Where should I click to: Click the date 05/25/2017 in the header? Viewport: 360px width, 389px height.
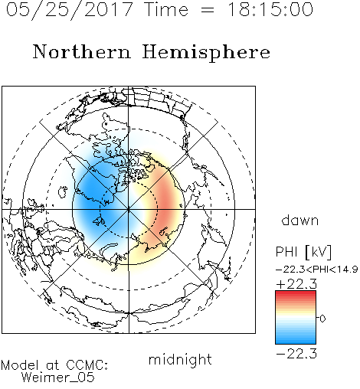coord(70,10)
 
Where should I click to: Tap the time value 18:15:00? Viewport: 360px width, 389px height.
coord(270,9)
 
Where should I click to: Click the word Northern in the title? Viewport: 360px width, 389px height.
coord(82,52)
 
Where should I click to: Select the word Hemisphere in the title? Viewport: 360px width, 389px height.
coord(206,52)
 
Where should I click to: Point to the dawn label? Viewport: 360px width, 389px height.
coord(300,220)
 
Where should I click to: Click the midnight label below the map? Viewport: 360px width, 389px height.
coord(180,359)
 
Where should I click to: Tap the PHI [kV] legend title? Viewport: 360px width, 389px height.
coord(303,252)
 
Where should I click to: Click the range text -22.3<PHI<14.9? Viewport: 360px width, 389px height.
coord(317,270)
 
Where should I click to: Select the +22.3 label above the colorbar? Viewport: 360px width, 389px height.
coord(296,284)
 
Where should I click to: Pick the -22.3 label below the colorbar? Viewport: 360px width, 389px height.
coord(296,354)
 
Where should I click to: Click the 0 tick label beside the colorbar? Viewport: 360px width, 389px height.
coord(322,319)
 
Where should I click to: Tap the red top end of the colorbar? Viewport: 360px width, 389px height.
coord(296,293)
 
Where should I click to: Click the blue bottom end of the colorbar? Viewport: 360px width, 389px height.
coord(296,342)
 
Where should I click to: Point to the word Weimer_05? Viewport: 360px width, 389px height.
coord(58,378)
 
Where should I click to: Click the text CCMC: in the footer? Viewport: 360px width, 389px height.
coord(87,365)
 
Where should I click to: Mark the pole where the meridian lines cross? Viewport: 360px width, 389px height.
coord(129,209)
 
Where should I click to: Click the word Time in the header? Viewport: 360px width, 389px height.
coord(166,9)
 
